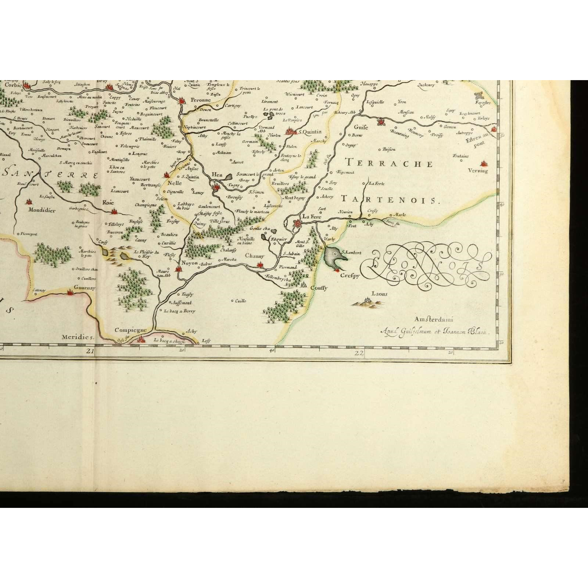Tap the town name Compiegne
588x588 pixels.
tap(130, 330)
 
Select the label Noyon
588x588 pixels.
tap(190, 263)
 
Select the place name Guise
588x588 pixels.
tap(361, 127)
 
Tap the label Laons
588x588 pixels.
tap(379, 294)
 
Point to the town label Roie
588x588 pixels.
tap(108, 202)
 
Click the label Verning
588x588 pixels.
tap(478, 171)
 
